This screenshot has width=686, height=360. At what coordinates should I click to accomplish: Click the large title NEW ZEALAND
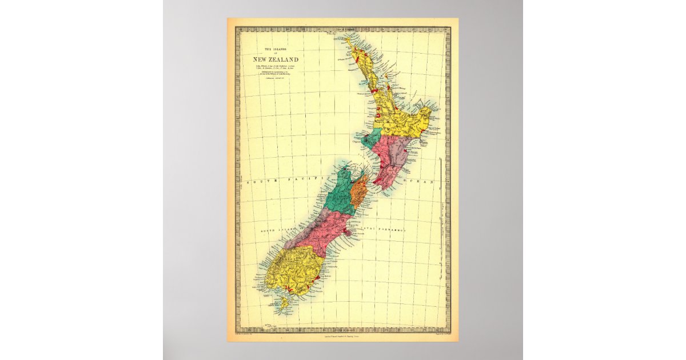[x=276, y=59]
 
